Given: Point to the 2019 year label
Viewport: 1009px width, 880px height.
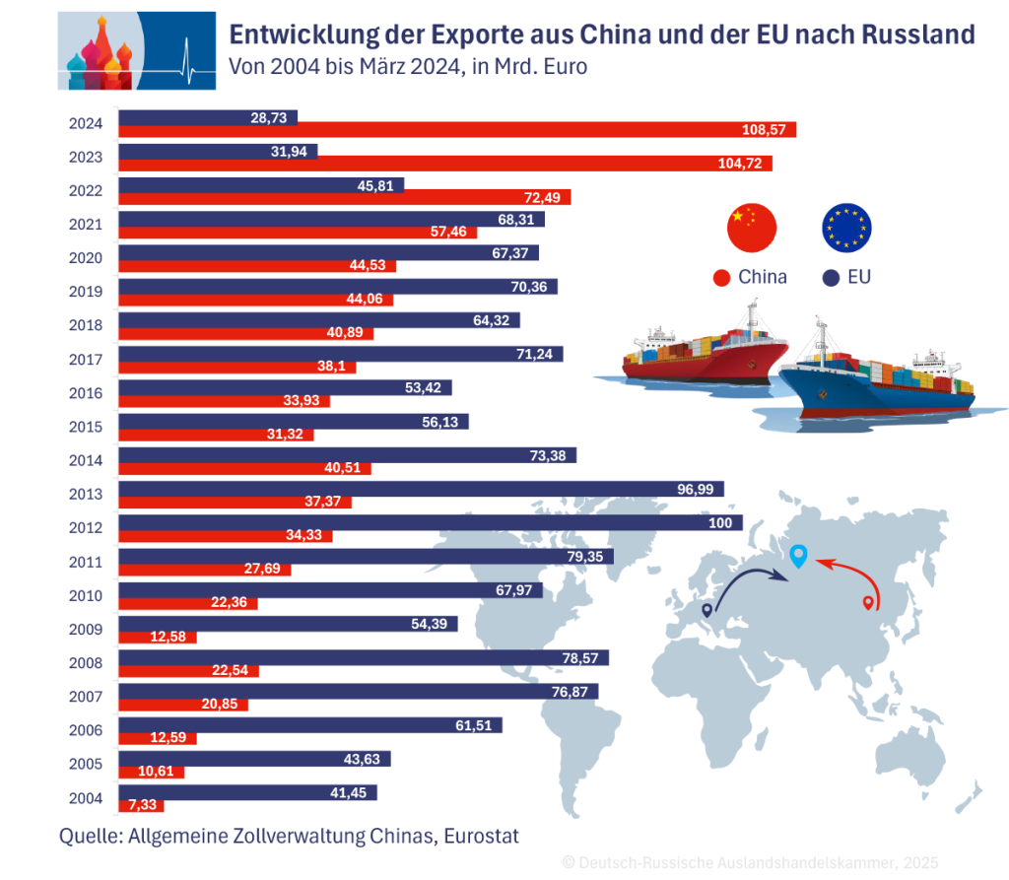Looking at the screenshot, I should [86, 292].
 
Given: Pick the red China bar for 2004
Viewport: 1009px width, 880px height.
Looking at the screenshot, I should [140, 806].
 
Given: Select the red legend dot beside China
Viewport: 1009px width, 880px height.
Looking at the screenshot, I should [720, 278].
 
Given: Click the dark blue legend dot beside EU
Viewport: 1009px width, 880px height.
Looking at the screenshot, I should [830, 278].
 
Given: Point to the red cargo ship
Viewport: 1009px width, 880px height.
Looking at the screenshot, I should [704, 355].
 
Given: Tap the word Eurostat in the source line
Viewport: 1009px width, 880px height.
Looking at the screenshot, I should [481, 837].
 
